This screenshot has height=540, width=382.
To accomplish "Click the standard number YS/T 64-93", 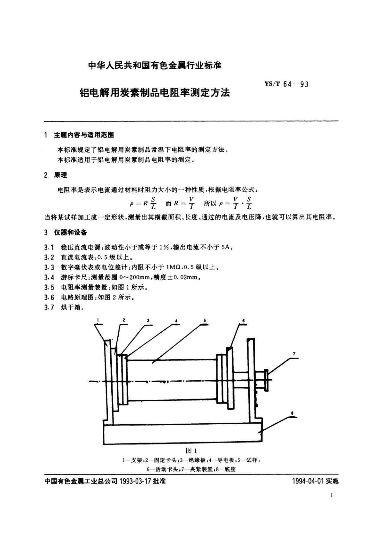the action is click(x=286, y=85).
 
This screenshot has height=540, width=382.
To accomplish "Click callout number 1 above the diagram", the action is click(x=98, y=320).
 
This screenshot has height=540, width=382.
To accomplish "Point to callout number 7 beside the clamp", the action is click(x=294, y=354).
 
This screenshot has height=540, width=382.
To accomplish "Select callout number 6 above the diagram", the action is click(x=243, y=320).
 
